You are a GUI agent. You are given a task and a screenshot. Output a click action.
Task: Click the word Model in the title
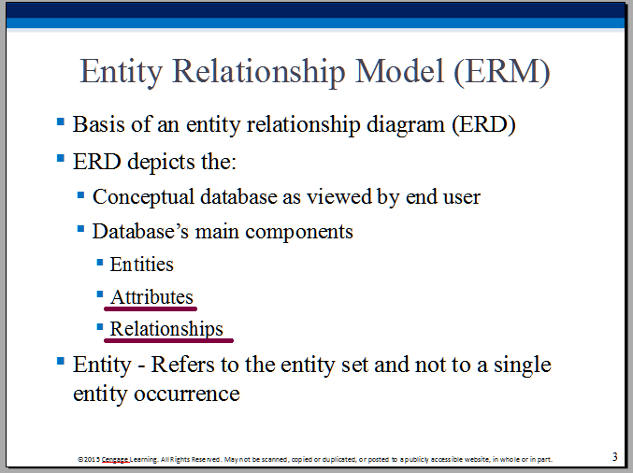pos(399,71)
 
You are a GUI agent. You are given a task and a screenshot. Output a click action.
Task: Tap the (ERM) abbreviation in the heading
pos(502,72)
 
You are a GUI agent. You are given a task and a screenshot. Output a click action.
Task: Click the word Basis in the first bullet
pos(99,124)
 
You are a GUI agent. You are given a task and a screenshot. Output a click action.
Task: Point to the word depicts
pos(161,163)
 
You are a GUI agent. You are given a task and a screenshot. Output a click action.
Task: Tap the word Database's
pos(140,231)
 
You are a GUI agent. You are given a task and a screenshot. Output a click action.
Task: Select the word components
pos(299,233)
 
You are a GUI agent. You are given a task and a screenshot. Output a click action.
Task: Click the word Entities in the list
pos(142,265)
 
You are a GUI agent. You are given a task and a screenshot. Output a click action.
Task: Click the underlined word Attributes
pos(151,297)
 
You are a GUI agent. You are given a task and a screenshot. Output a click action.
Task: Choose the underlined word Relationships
pos(166,329)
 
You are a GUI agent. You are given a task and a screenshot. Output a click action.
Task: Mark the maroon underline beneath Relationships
pos(168,340)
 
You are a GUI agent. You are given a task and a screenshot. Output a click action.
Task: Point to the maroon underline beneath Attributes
pos(151,308)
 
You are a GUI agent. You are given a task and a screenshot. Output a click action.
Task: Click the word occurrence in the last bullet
pos(186,394)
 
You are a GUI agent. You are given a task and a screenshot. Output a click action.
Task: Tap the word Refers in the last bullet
pos(183,365)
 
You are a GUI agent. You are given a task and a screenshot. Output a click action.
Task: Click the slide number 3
pos(615,456)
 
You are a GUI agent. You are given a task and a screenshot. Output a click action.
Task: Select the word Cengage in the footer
pos(115,459)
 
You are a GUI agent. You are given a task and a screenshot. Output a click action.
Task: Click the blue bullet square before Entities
pos(100,263)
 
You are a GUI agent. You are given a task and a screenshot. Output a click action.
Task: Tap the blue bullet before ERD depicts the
pos(61,158)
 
